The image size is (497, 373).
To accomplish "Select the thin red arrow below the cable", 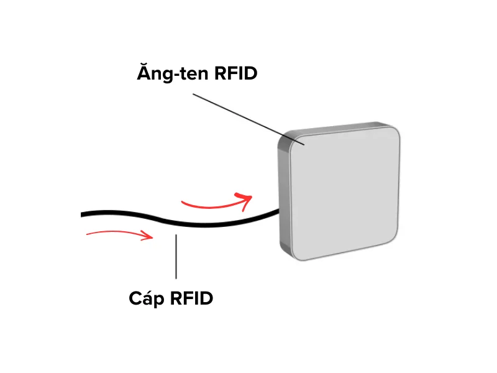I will pos(118,234).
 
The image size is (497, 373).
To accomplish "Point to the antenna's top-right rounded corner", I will pos(392,131).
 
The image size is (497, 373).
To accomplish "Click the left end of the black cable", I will pos(83,214).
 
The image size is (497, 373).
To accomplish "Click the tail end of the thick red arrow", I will pos(182,203).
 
